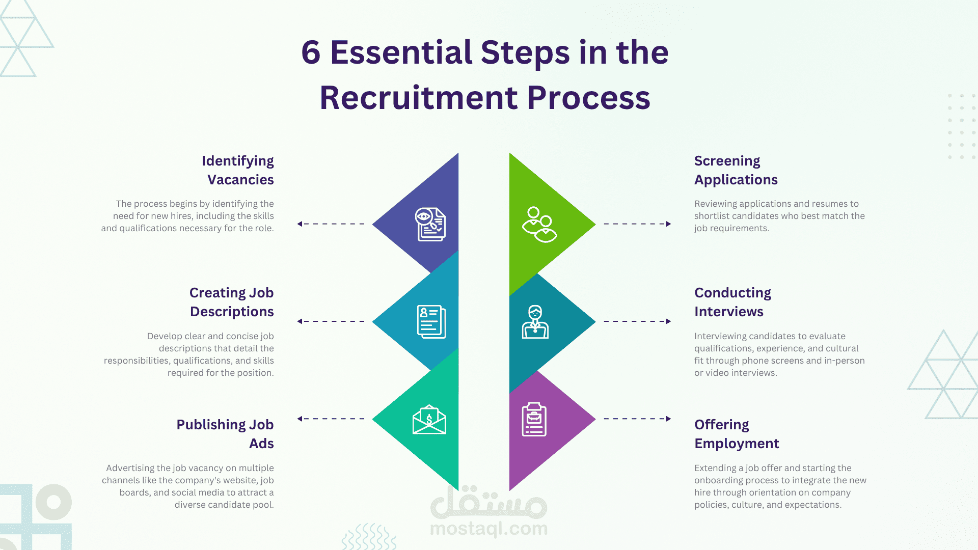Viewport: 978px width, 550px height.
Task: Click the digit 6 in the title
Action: click(311, 53)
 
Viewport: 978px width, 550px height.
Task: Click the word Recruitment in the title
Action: click(419, 98)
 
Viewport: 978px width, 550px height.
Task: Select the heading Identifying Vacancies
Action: click(238, 170)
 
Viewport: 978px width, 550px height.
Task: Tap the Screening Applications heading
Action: click(736, 170)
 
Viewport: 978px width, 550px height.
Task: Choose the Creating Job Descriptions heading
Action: click(232, 302)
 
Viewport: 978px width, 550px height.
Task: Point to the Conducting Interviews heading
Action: click(732, 302)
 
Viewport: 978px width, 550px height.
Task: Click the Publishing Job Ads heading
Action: click(225, 434)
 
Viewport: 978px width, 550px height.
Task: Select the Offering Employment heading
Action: click(737, 434)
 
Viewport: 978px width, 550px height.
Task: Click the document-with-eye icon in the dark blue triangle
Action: click(430, 224)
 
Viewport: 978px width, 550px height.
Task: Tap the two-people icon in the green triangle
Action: click(539, 225)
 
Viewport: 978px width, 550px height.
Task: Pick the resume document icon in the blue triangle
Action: click(431, 322)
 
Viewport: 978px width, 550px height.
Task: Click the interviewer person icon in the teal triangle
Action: click(535, 322)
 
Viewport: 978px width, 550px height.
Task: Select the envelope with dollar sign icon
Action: click(429, 420)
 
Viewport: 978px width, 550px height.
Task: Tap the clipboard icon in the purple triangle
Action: click(534, 420)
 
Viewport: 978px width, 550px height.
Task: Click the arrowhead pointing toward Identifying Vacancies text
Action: click(300, 224)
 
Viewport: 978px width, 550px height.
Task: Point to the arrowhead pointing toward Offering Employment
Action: click(668, 419)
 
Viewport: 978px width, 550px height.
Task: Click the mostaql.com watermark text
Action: click(489, 529)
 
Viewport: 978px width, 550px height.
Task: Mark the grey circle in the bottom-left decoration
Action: click(53, 502)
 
